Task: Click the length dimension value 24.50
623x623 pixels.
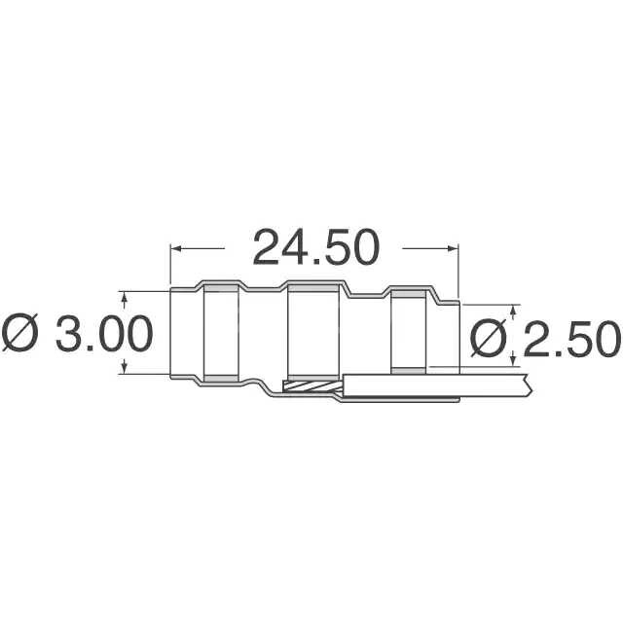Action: (x=315, y=248)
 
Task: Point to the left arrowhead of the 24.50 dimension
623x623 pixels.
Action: (x=176, y=248)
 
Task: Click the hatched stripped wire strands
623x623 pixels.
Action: (x=310, y=386)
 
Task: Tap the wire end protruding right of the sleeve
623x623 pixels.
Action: (x=487, y=384)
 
